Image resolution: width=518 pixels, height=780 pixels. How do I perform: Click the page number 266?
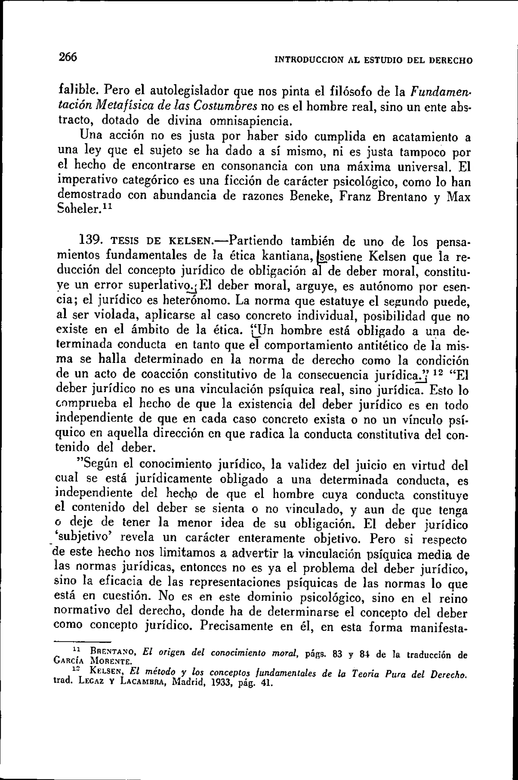tap(68, 57)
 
